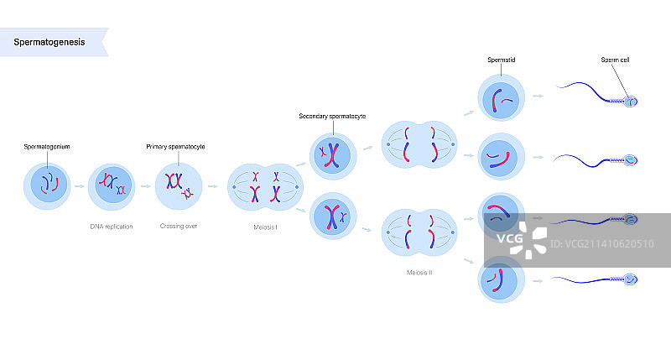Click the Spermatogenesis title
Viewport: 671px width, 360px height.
[x=49, y=42]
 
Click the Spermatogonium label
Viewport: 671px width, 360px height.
[x=47, y=147]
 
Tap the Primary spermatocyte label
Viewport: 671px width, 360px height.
[x=176, y=147]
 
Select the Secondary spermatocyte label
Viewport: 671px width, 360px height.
[x=332, y=116]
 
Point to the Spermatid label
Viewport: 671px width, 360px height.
[x=502, y=60]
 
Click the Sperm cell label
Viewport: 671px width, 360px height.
[x=615, y=60]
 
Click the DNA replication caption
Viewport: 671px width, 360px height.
[x=112, y=227]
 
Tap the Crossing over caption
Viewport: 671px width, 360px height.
[x=178, y=227]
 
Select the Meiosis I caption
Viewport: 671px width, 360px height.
[x=264, y=227]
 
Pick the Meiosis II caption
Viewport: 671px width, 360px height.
[x=419, y=273]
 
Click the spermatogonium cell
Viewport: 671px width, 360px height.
[x=47, y=185]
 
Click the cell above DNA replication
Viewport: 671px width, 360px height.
[x=112, y=185]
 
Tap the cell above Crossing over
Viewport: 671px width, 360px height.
[x=178, y=185]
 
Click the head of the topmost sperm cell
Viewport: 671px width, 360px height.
[x=630, y=102]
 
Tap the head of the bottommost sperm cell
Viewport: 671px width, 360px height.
[x=630, y=280]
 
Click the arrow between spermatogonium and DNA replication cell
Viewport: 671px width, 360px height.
[x=79, y=186]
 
